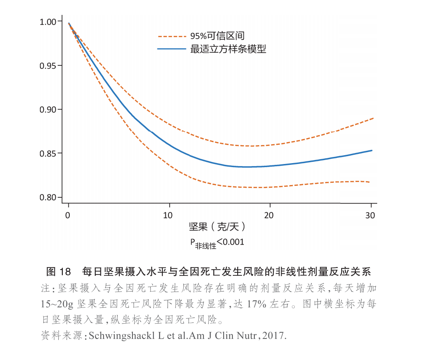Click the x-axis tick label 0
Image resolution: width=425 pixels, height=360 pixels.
(68, 215)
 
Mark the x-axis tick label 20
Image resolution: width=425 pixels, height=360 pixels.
(269, 215)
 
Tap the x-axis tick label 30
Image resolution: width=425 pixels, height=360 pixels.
(370, 215)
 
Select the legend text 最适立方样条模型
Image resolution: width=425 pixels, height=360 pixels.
(228, 49)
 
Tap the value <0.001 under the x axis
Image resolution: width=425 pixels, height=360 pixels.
(230, 242)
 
